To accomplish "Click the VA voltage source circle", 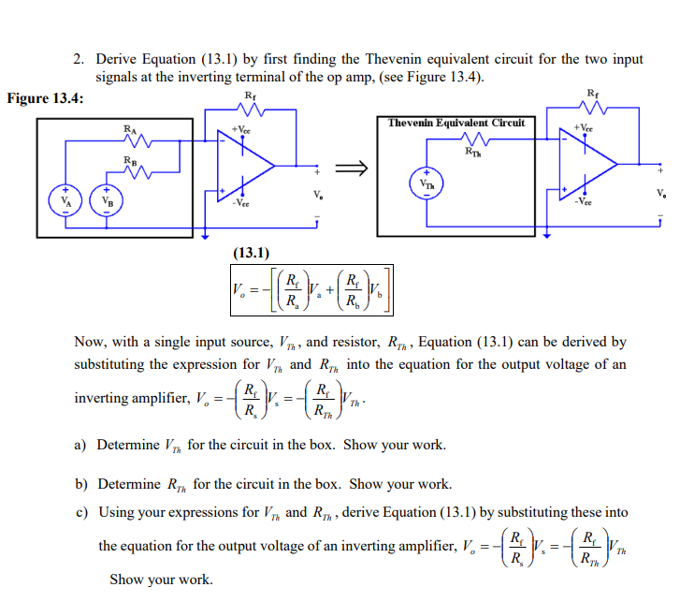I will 65,200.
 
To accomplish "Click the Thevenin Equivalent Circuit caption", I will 457,123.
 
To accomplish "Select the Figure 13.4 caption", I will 46,98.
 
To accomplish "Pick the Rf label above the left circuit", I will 250,95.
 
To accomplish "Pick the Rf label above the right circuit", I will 593,92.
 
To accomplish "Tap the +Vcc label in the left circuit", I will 240,130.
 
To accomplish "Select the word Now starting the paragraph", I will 91,343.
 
